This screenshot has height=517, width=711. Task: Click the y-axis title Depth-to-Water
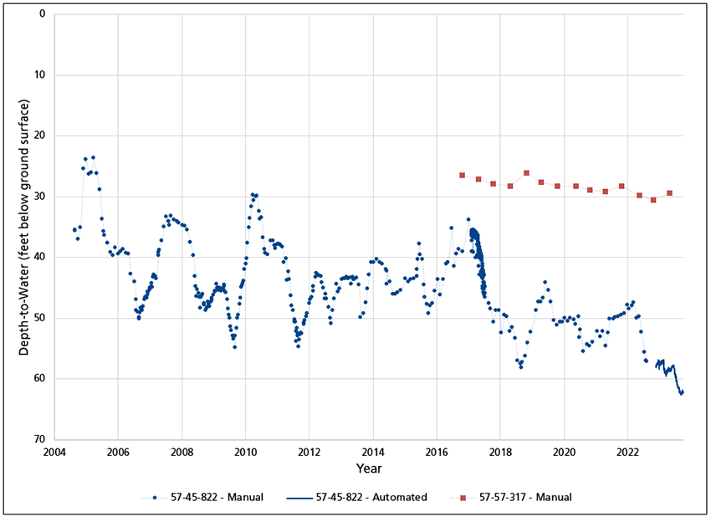(24, 227)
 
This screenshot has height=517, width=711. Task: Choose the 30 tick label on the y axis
(39, 197)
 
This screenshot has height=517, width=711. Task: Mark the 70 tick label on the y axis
(39, 439)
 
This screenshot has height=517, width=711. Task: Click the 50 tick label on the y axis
(39, 318)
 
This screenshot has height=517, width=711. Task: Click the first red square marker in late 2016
(462, 175)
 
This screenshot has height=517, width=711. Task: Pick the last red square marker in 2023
(669, 193)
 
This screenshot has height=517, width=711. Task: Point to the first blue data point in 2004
(74, 229)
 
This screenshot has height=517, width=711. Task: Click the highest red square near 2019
(526, 173)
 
